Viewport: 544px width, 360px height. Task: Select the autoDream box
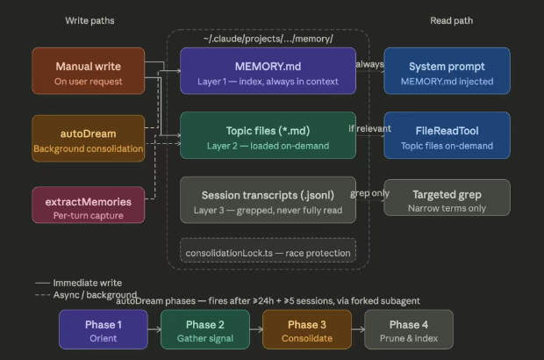tap(88, 138)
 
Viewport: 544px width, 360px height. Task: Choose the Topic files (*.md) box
tap(268, 135)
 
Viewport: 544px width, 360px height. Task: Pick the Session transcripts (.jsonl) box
tap(268, 200)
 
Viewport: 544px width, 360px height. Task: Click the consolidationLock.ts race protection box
tap(268, 253)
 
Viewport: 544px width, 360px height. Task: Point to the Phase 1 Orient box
tap(104, 329)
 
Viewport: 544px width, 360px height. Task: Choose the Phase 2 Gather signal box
tap(204, 329)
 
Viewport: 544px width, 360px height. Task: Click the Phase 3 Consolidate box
tap(306, 329)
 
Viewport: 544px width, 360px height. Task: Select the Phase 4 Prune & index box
tap(409, 329)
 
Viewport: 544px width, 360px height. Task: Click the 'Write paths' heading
tap(89, 20)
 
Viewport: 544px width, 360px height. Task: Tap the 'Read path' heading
tap(453, 20)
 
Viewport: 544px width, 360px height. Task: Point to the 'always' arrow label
tap(370, 63)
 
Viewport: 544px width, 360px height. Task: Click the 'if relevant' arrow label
tap(369, 128)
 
